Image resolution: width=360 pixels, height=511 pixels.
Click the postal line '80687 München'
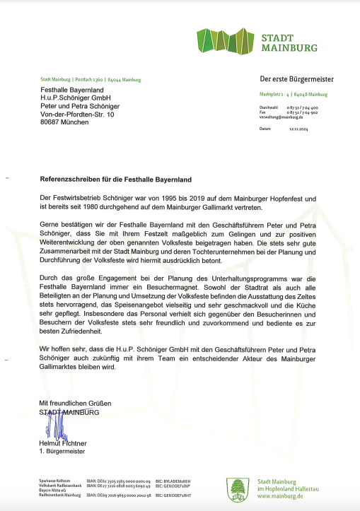click(64, 122)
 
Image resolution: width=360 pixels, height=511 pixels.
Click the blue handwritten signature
click(54, 423)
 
